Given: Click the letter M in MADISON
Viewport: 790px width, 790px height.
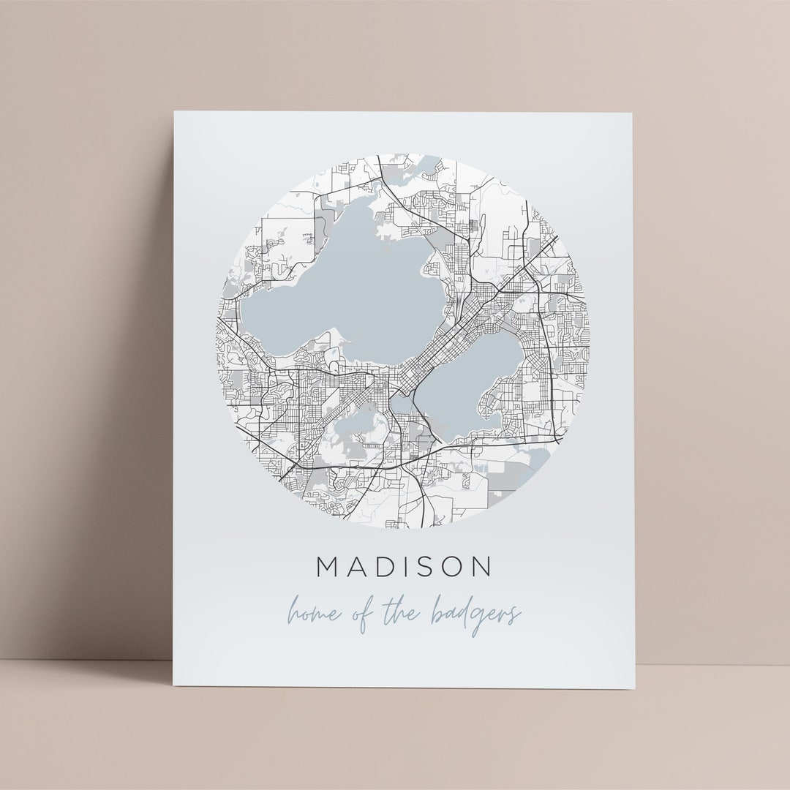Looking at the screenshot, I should pyautogui.click(x=328, y=567).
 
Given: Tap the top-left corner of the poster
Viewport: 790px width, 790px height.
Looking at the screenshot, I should pyautogui.click(x=175, y=112).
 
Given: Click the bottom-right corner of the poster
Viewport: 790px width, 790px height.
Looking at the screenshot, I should pyautogui.click(x=634, y=688).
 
